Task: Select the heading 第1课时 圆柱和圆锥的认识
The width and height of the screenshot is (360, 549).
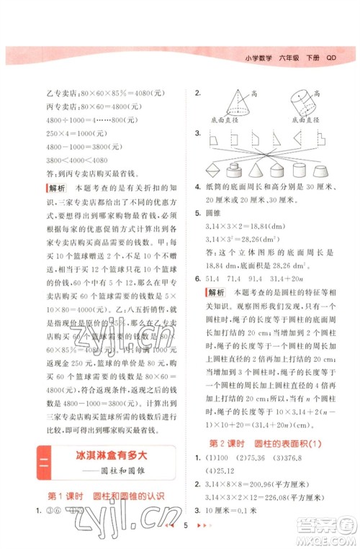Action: [105, 496]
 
